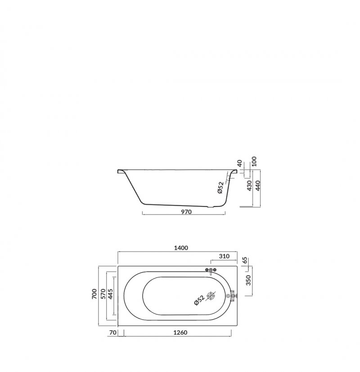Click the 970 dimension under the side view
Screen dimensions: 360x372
[186, 211]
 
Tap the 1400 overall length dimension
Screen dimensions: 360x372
[181, 248]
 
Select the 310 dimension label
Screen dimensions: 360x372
[224, 256]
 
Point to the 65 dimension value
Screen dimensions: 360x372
[245, 260]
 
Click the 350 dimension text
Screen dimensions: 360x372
[248, 280]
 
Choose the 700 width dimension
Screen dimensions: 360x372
[94, 294]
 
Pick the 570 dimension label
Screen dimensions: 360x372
[103, 294]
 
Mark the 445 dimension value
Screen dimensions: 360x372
[110, 294]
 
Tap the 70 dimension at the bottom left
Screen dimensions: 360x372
[113, 332]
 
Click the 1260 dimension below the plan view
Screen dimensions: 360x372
[180, 332]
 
